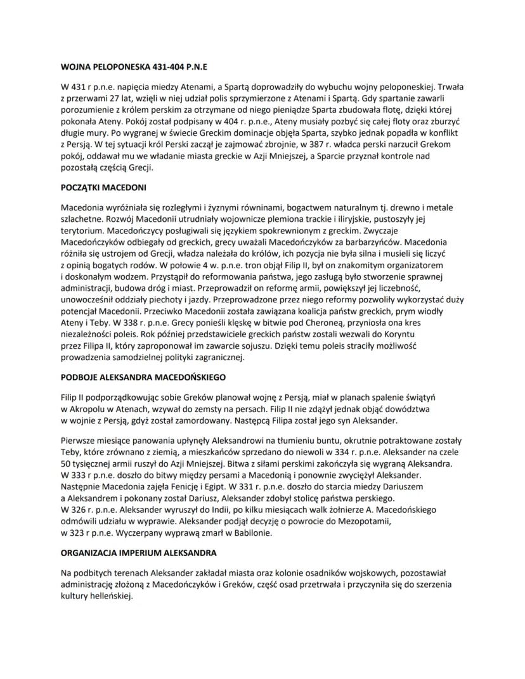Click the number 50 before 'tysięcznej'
(x=67, y=463)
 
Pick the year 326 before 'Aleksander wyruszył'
(x=84, y=509)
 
